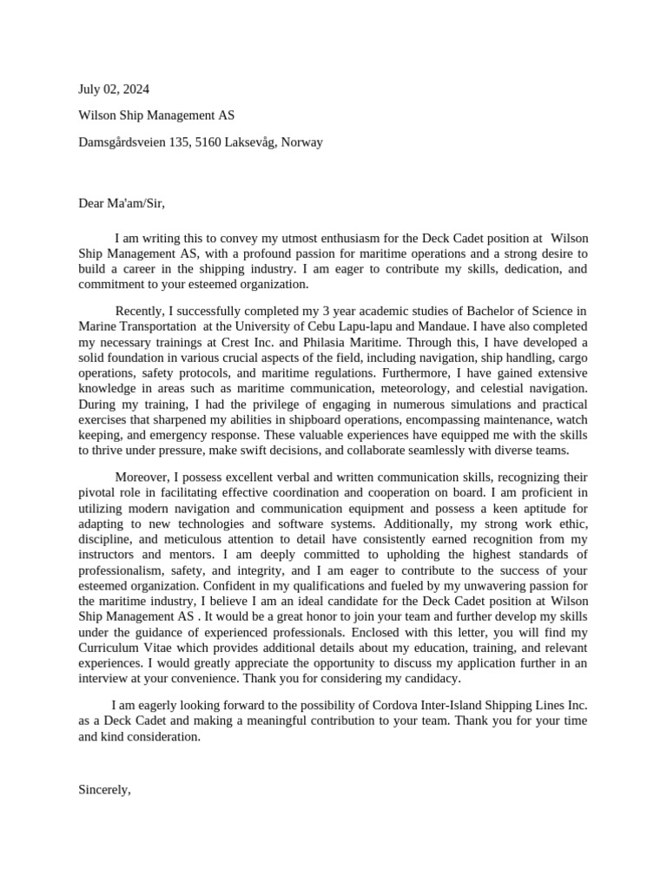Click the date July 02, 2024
[x=114, y=89]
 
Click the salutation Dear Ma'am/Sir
[x=121, y=203]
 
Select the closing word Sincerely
[x=104, y=789]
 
